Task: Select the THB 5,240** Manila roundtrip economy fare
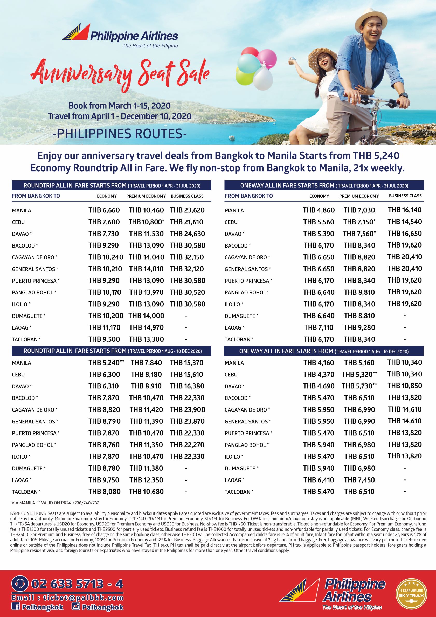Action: [106, 362]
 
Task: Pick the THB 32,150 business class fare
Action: [187, 257]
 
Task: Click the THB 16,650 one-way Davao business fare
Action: [405, 233]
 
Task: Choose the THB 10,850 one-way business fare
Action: [405, 386]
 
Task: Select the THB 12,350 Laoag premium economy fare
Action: [146, 480]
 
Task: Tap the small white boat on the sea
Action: [231, 138]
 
